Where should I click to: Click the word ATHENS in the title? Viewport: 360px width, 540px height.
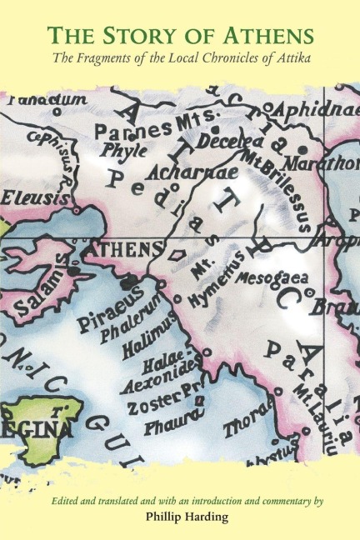[264, 36]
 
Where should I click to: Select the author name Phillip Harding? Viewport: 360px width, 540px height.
[179, 516]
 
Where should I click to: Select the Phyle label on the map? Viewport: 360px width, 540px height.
[123, 152]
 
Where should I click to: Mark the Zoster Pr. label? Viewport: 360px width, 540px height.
[165, 406]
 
